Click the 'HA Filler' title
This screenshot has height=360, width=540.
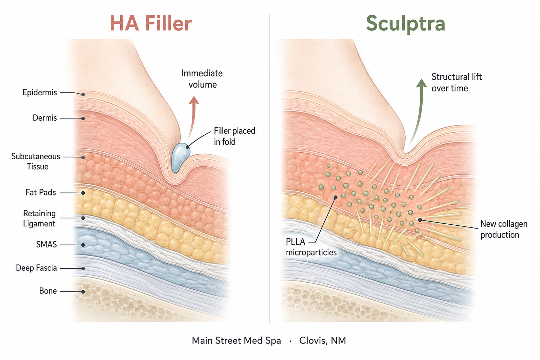point(151,24)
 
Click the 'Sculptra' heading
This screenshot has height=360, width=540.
point(405,24)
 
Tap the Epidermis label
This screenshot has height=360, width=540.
point(40,92)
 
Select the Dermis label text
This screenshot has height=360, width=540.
point(45,118)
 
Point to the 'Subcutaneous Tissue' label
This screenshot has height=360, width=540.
point(36,161)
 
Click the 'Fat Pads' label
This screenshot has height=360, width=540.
point(41,192)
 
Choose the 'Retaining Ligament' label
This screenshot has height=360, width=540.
point(39,218)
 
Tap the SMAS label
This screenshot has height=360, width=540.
point(46,244)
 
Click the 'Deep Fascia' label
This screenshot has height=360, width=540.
point(37,268)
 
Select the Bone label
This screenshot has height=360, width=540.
point(48,291)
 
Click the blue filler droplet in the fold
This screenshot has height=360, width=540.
point(180,158)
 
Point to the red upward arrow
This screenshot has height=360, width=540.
point(193,117)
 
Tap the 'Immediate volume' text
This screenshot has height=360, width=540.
point(202,79)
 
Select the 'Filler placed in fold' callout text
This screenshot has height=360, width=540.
point(234,136)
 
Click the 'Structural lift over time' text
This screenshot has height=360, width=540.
point(457,83)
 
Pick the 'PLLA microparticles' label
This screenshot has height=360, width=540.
point(311,247)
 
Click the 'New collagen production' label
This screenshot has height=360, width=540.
point(504,229)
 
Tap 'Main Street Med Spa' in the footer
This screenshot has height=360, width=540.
point(237,340)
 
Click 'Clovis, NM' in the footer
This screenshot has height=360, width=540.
point(322,340)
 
